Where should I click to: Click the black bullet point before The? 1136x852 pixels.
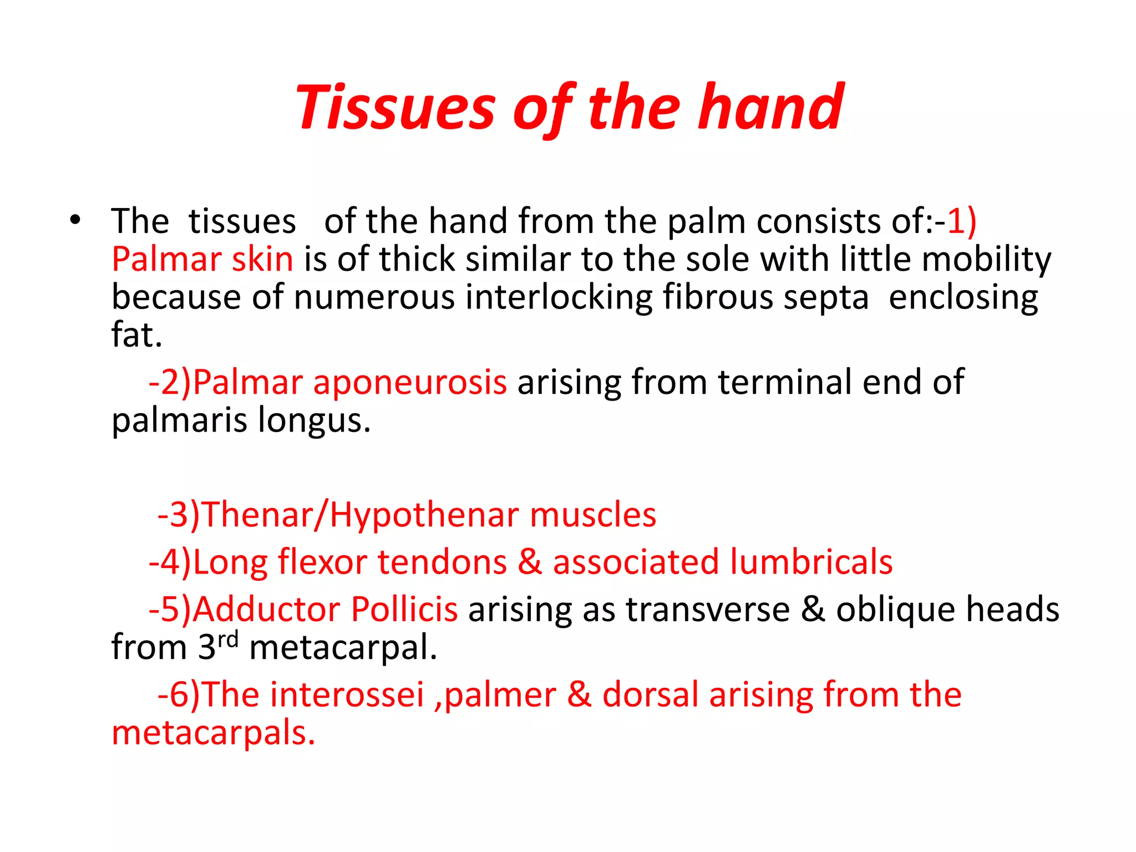[x=75, y=221]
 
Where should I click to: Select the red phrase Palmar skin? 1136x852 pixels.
[x=202, y=259]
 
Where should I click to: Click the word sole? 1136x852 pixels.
[x=717, y=259]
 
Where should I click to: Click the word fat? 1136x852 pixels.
[x=136, y=335]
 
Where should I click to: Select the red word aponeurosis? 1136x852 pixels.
[x=409, y=383]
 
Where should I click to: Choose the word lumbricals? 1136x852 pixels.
[x=811, y=562]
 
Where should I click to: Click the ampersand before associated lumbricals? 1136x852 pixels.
[x=529, y=562]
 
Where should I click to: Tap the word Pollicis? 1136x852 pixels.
[x=404, y=609]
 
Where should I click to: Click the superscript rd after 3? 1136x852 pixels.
[x=228, y=640]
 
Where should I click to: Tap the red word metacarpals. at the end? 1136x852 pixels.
[x=214, y=733]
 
